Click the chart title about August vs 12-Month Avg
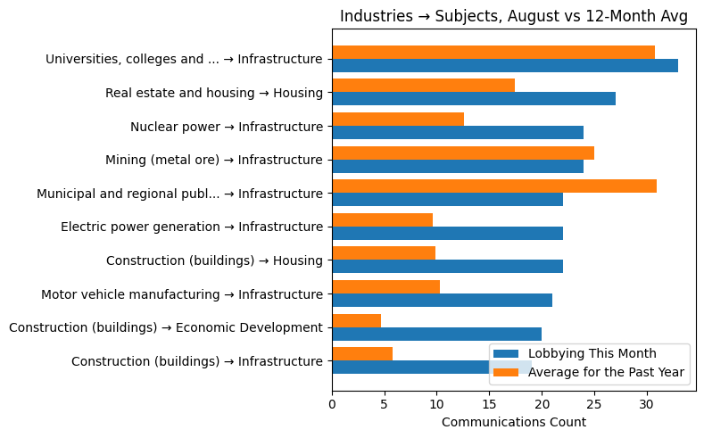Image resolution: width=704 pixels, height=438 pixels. click(x=514, y=17)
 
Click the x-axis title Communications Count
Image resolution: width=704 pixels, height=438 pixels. click(x=514, y=422)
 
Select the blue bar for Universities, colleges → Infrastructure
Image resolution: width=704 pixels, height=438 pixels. click(x=505, y=65)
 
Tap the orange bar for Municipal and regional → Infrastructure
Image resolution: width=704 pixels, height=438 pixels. click(x=494, y=186)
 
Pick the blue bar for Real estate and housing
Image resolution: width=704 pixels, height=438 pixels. click(x=474, y=99)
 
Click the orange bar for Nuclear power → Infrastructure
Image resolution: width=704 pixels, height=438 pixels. click(x=398, y=119)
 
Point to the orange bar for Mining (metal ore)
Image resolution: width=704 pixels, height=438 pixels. click(x=463, y=153)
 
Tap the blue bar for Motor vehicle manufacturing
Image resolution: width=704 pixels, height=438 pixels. click(x=442, y=301)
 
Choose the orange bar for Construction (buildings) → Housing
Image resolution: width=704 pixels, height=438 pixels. click(x=384, y=253)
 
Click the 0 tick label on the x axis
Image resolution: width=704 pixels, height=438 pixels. click(x=332, y=403)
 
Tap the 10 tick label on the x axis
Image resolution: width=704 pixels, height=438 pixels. click(x=437, y=403)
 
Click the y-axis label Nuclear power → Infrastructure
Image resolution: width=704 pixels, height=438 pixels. click(x=227, y=127)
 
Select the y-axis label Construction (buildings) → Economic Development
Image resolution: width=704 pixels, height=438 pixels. click(x=166, y=327)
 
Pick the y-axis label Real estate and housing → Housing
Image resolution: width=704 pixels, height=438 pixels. click(x=214, y=93)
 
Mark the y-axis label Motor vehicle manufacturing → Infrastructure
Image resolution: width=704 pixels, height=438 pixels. click(x=182, y=293)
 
